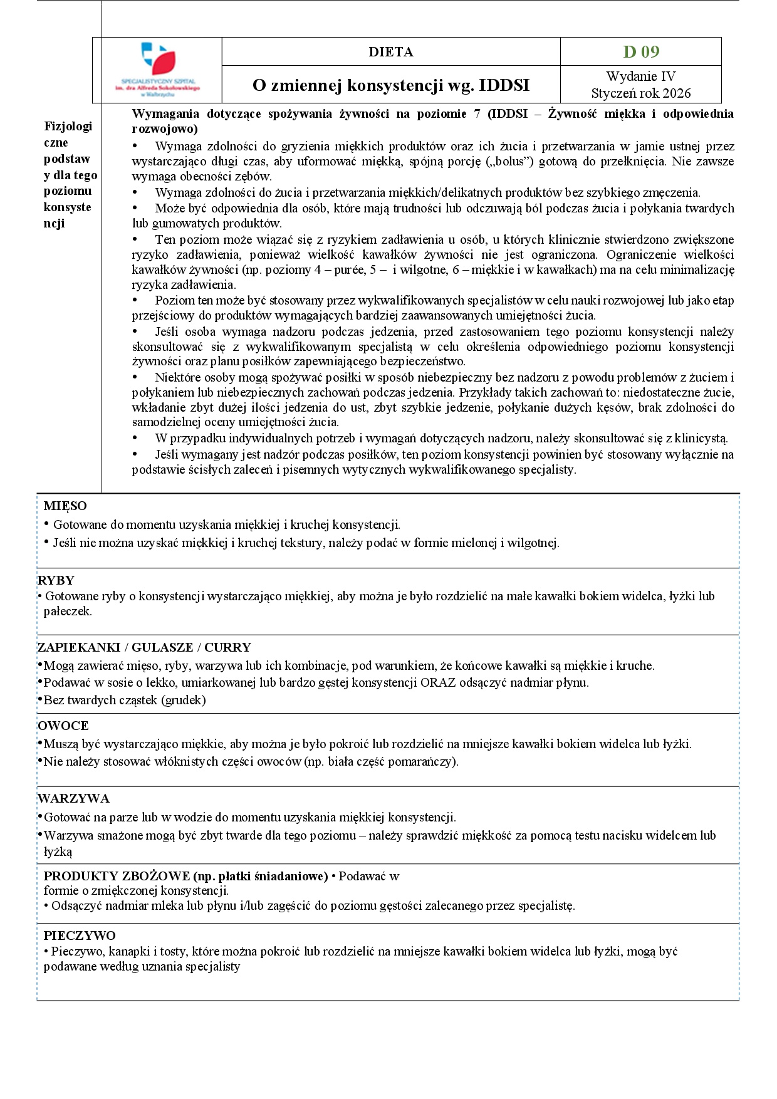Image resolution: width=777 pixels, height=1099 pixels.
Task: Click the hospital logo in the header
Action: click(x=158, y=69)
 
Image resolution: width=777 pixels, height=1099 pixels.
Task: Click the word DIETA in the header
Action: click(x=390, y=52)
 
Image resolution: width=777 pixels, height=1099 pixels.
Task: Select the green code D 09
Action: click(x=641, y=52)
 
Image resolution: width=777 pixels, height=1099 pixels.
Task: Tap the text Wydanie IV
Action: click(x=640, y=76)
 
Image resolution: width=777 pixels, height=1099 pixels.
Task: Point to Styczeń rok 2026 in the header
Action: click(x=640, y=93)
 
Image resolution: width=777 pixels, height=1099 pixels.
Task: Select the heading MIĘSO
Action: click(x=65, y=506)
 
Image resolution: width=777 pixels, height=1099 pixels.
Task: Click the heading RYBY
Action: click(x=56, y=581)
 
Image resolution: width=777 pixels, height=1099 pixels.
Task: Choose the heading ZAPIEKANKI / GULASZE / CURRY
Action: click(x=144, y=648)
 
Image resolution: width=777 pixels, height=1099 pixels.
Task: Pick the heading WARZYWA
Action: click(x=73, y=799)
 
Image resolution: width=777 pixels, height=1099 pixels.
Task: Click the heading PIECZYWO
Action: click(x=80, y=936)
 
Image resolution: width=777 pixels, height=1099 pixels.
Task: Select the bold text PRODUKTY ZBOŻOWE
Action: click(x=117, y=877)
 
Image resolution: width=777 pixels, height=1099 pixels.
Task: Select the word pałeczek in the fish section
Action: click(x=68, y=612)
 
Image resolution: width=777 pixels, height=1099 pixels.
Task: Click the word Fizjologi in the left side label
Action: click(x=68, y=127)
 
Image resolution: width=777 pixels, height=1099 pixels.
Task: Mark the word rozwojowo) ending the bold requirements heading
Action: click(x=165, y=129)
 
